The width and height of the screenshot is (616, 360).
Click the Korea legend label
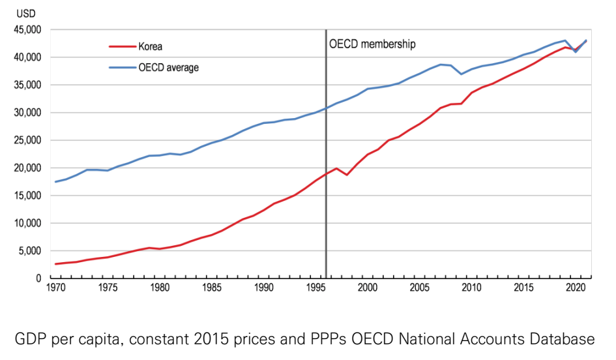click(x=150, y=46)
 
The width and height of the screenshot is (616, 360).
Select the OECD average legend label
click(x=168, y=67)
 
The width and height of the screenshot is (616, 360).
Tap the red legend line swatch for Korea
click(x=121, y=46)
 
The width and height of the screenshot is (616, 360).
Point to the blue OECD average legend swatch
click(x=121, y=67)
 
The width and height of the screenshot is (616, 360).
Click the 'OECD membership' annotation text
click(x=372, y=44)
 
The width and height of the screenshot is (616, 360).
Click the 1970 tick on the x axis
click(x=55, y=288)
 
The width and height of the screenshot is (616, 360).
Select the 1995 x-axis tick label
click(x=315, y=288)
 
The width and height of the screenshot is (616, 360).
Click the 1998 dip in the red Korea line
click(x=347, y=175)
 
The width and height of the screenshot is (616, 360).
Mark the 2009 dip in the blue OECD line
click(x=462, y=74)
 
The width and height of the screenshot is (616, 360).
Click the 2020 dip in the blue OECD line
click(x=575, y=52)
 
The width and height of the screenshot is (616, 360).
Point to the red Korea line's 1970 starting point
click(x=55, y=264)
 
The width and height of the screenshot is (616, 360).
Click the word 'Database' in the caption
click(x=562, y=339)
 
